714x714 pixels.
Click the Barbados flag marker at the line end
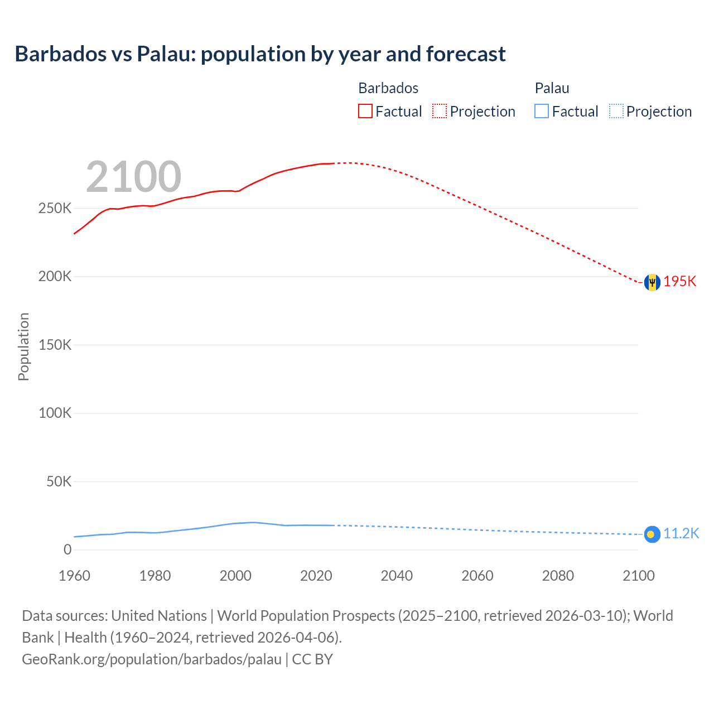[652, 282]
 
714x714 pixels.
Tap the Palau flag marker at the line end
[652, 534]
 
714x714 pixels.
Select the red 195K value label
[680, 281]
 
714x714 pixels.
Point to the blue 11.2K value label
[681, 533]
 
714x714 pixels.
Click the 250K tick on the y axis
[55, 209]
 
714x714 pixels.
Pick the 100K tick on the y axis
[55, 413]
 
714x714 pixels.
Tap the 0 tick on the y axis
[67, 549]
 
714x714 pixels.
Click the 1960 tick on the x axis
[74, 576]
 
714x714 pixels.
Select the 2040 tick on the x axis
[397, 576]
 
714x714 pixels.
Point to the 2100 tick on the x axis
[638, 576]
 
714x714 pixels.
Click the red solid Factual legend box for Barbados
[365, 112]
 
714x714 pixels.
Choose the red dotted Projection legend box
[440, 112]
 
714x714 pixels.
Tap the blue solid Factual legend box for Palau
[542, 112]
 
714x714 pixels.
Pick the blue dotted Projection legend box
[616, 112]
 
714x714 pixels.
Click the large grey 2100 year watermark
[133, 177]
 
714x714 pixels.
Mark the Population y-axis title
[23, 346]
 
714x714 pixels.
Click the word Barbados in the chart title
[60, 54]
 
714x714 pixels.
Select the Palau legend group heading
[552, 88]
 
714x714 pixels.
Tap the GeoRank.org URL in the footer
[152, 659]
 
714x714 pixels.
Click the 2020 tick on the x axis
[316, 576]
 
